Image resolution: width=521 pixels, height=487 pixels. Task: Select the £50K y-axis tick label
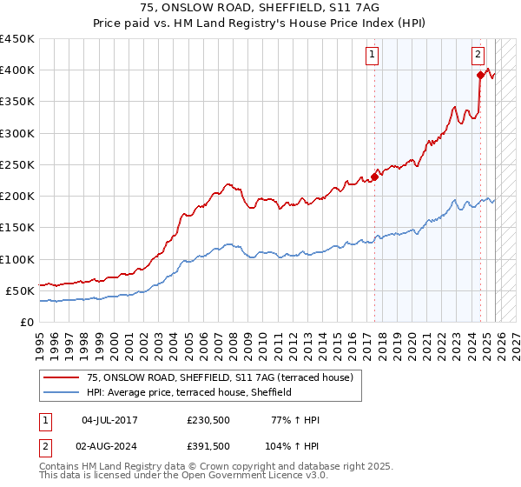point(20,290)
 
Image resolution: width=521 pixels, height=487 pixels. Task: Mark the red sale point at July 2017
point(374,177)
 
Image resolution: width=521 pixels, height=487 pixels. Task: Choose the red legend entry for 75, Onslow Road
point(219,378)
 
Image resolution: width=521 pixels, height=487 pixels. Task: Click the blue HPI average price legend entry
point(188,393)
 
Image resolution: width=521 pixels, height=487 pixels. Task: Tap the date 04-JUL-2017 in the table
point(109,421)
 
